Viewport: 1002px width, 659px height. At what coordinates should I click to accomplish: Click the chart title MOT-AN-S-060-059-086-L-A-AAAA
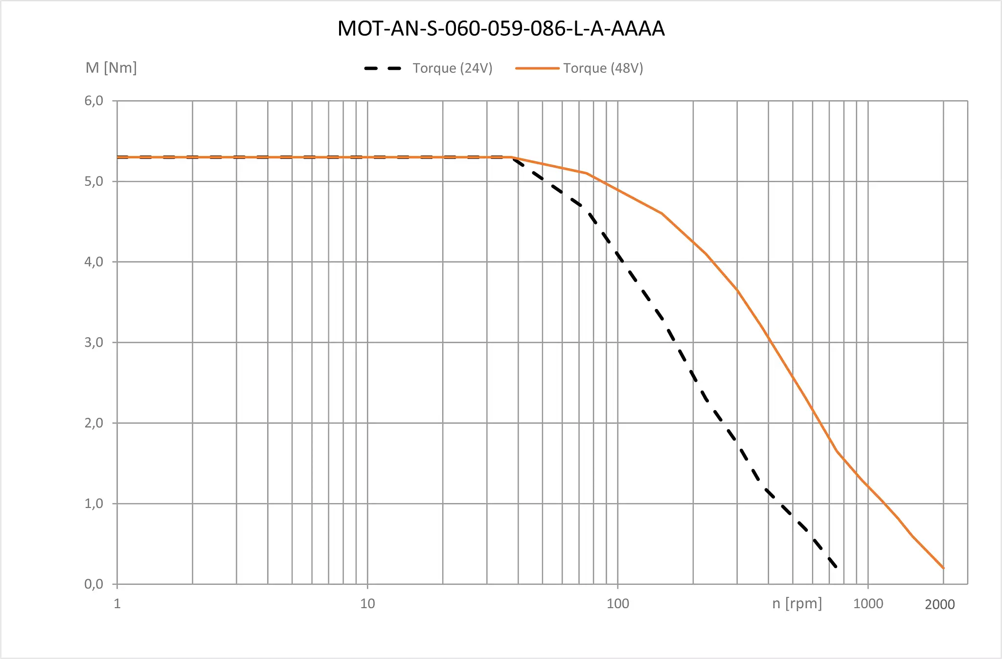(501, 28)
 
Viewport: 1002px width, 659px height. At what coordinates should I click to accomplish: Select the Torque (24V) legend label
(452, 68)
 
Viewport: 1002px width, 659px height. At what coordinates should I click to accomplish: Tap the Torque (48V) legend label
(603, 68)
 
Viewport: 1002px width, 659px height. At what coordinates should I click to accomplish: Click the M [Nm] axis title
(111, 67)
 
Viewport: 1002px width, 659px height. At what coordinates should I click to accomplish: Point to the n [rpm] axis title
(797, 603)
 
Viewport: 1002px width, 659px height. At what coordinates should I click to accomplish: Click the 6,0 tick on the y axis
(94, 101)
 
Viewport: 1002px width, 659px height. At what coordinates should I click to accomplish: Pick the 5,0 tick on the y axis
(94, 181)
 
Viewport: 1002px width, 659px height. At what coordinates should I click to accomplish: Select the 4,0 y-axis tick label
(94, 262)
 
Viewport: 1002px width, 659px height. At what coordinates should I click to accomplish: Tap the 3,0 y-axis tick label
(94, 342)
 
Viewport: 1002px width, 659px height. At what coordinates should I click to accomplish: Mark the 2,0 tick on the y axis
(94, 423)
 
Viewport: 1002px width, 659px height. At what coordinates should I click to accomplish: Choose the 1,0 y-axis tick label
(94, 503)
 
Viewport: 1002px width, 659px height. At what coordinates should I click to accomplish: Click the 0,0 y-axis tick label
(94, 584)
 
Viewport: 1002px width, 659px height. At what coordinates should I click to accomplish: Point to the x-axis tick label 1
(117, 604)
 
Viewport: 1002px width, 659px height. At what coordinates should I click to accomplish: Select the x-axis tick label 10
(367, 604)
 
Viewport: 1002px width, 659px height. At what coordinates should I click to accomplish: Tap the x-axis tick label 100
(618, 604)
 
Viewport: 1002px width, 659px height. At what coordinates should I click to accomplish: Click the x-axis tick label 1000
(868, 604)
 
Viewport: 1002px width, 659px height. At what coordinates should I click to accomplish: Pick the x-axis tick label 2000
(939, 605)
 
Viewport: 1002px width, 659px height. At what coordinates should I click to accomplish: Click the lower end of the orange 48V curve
(943, 568)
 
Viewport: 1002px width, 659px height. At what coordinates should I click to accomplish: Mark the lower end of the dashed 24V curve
(836, 566)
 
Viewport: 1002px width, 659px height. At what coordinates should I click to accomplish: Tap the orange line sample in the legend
(537, 68)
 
